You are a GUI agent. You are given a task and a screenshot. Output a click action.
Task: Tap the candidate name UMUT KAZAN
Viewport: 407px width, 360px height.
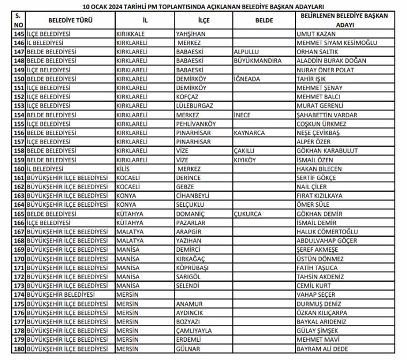pos(315,34)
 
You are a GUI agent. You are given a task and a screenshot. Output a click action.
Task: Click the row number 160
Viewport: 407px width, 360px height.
pos(19,169)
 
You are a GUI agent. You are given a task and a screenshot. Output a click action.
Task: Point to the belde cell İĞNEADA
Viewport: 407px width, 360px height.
pos(247,79)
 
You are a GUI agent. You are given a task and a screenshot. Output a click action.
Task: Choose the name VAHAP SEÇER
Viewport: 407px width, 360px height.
pos(316,295)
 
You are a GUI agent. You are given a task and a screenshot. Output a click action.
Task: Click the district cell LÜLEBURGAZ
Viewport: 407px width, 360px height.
pos(194,106)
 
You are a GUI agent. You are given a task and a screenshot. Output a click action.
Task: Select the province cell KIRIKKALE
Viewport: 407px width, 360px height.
pos(130,34)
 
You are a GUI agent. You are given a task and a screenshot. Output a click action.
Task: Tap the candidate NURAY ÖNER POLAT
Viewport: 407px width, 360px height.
pos(325,70)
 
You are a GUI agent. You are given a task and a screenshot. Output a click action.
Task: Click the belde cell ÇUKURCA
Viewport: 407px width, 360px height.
pos(247,214)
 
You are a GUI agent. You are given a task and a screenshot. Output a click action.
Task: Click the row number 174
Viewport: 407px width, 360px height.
pos(19,295)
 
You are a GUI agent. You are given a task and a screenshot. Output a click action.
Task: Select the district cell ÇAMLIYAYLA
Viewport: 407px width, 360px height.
pos(194,331)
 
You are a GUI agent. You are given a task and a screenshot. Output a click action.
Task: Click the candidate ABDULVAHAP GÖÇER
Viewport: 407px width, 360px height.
pos(327,241)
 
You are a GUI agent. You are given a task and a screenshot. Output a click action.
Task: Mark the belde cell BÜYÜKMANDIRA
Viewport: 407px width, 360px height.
pos(258,61)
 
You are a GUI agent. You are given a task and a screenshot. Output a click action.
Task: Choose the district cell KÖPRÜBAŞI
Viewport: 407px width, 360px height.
pos(192,267)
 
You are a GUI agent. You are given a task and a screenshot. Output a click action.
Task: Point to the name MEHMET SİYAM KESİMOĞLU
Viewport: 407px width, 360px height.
pos(337,43)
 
